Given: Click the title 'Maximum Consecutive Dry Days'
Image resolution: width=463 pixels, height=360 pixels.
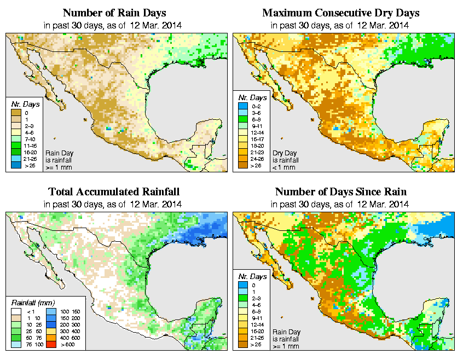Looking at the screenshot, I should pyautogui.click(x=341, y=13).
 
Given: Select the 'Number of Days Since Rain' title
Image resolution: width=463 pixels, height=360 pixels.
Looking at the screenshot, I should pyautogui.click(x=341, y=192).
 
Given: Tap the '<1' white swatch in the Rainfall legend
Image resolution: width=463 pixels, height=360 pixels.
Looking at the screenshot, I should pyautogui.click(x=15, y=311).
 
